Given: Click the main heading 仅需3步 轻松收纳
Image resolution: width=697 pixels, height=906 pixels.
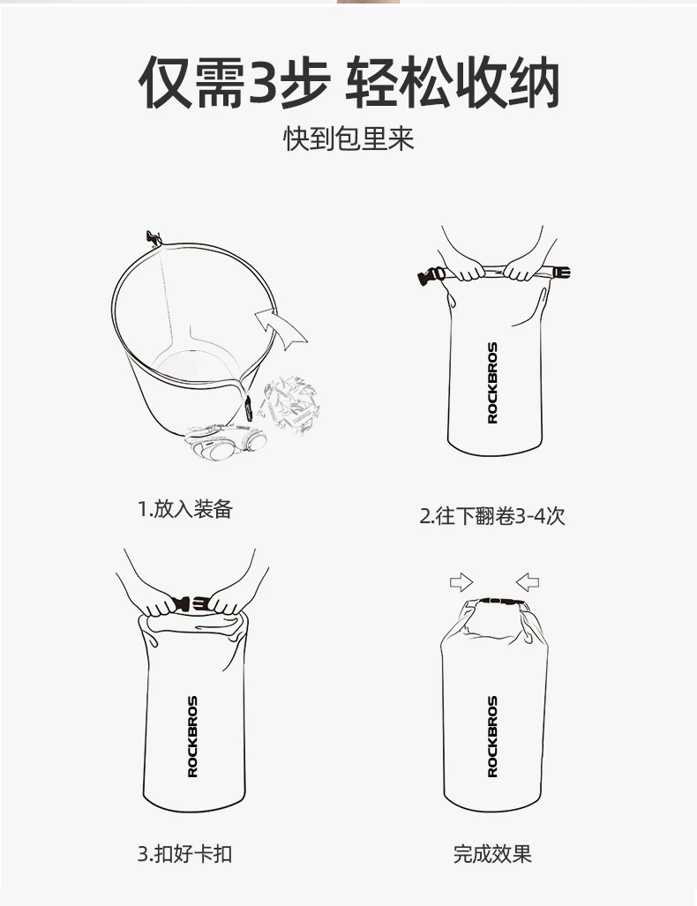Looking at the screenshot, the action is (349, 82).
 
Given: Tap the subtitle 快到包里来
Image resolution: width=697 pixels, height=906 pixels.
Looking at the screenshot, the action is (348, 139).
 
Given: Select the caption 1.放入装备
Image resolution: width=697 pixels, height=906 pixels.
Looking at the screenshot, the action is (185, 509).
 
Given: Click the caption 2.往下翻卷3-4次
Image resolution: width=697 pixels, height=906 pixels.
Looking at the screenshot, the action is (491, 515).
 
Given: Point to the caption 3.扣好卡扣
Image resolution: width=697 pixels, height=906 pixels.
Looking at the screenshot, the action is (185, 853).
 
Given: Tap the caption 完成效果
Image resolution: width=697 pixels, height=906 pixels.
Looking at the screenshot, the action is (491, 853).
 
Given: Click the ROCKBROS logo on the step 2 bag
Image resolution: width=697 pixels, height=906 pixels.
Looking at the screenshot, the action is (492, 383).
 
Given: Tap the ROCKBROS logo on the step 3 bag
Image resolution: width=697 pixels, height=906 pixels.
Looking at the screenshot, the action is (193, 736).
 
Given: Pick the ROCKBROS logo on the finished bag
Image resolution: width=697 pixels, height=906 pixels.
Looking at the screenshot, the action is (492, 736).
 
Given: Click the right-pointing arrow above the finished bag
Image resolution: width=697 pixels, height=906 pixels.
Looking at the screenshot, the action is (461, 582).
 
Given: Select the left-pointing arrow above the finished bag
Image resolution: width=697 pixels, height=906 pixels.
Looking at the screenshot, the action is (527, 582).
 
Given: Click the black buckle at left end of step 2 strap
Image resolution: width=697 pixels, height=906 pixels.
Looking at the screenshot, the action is (430, 275).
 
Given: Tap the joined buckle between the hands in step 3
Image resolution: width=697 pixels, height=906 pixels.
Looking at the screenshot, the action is (191, 603).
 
